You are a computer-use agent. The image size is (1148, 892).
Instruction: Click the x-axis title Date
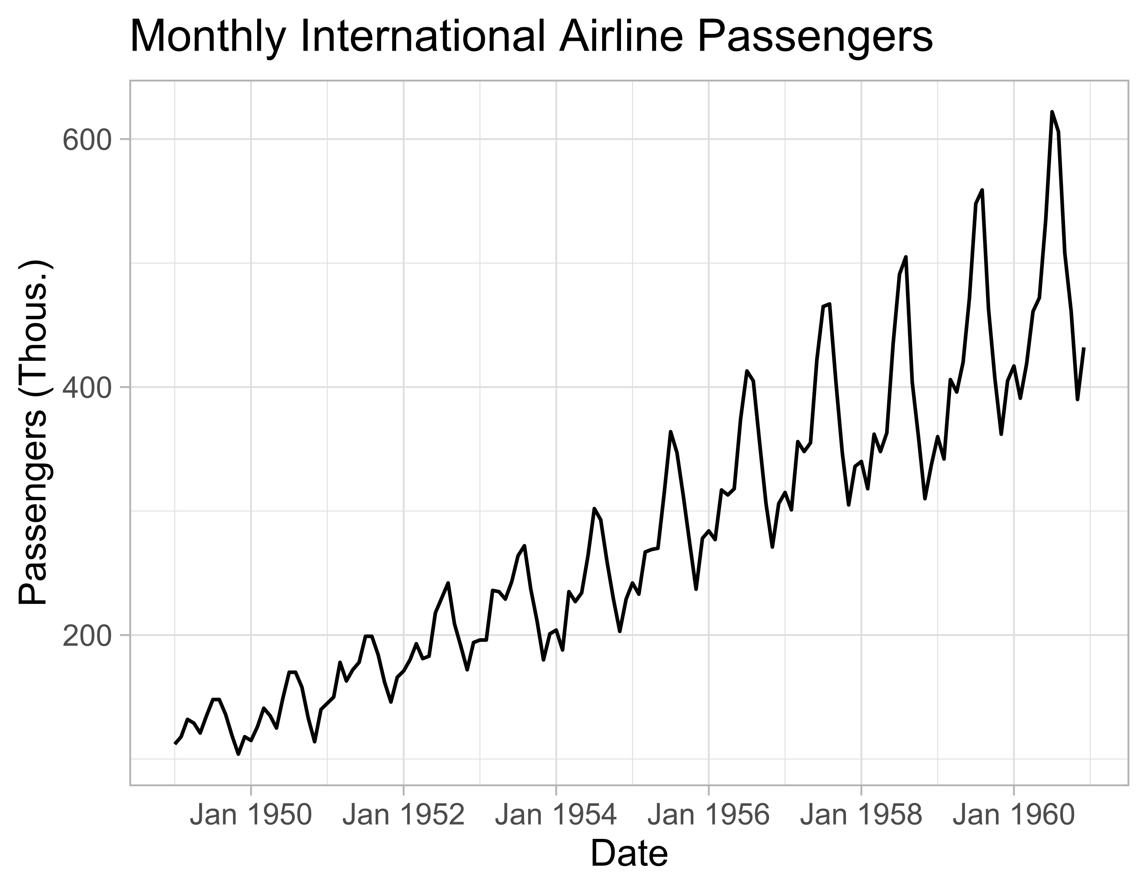click(629, 854)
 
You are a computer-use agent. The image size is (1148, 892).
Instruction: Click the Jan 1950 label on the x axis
click(251, 816)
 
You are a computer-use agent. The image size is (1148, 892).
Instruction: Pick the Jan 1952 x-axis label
click(403, 816)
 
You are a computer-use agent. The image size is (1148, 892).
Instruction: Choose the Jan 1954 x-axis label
click(556, 816)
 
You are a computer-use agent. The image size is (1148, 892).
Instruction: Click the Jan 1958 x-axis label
click(861, 816)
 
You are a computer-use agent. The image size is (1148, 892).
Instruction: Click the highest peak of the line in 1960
click(1052, 112)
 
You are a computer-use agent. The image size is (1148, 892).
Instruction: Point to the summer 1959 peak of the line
click(982, 190)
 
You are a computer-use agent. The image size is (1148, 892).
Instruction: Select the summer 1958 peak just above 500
click(906, 257)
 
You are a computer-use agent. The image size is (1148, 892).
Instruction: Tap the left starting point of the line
click(175, 743)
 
